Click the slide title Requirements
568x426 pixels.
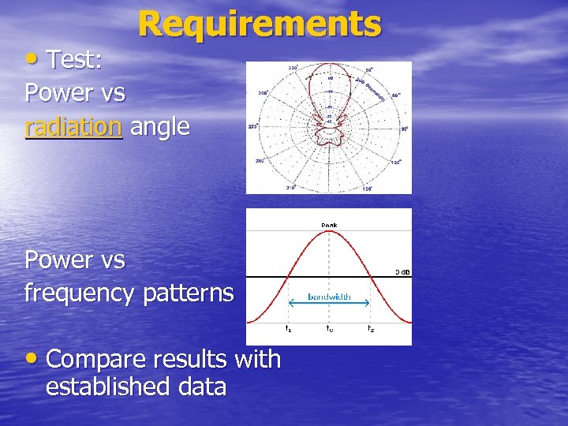coord(260,24)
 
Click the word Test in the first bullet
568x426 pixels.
coord(79,59)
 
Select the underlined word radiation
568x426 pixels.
coord(73,126)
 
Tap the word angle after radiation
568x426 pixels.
coord(160,127)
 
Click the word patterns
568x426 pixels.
coord(189,293)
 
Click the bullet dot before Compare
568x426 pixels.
coord(32,360)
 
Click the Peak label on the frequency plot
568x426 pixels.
coord(329,225)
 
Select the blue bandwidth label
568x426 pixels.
coord(329,297)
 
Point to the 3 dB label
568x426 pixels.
coord(402,272)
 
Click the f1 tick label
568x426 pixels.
coord(288,327)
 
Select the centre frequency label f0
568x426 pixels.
coord(329,327)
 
